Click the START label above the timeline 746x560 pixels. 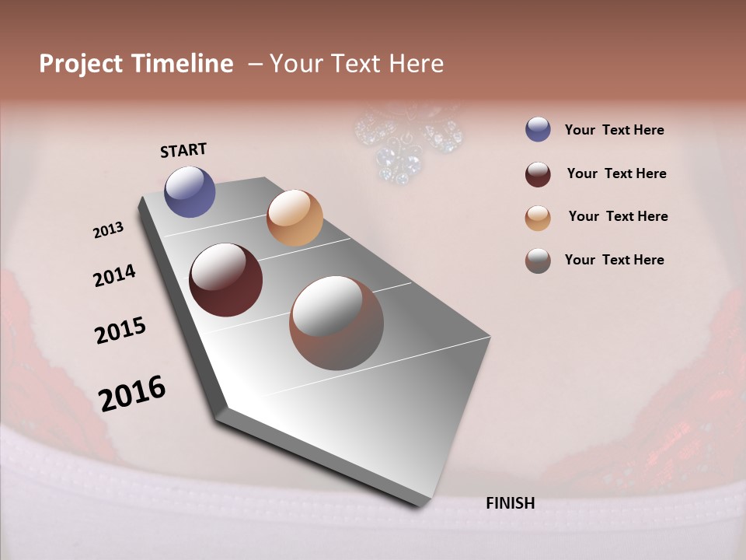click(183, 150)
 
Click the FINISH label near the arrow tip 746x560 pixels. click(510, 503)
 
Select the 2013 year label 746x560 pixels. click(108, 230)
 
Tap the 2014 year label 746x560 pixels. click(114, 275)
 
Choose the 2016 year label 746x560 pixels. click(132, 394)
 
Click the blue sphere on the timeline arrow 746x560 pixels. click(190, 191)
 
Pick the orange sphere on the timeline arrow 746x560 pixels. click(295, 218)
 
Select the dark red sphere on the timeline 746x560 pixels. click(225, 280)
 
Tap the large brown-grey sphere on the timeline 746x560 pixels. click(336, 323)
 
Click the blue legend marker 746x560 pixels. click(538, 130)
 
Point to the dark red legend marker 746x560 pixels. click(538, 174)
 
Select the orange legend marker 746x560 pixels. click(538, 218)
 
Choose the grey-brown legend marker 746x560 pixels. click(538, 261)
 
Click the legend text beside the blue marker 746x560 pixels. click(614, 130)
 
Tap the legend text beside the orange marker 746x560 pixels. click(618, 216)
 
